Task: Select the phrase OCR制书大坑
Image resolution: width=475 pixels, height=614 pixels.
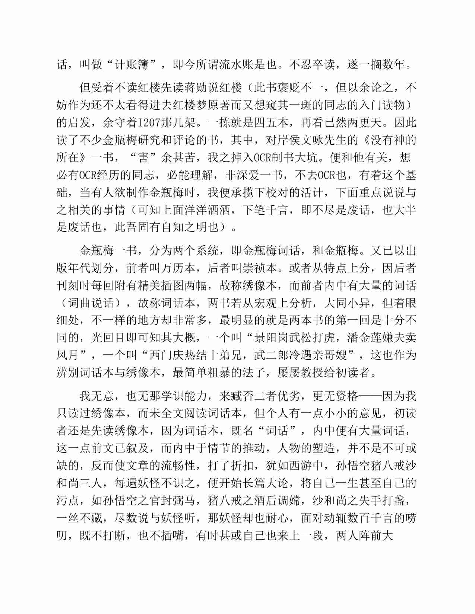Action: (x=285, y=158)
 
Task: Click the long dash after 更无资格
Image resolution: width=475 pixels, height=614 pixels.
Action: (x=370, y=396)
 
